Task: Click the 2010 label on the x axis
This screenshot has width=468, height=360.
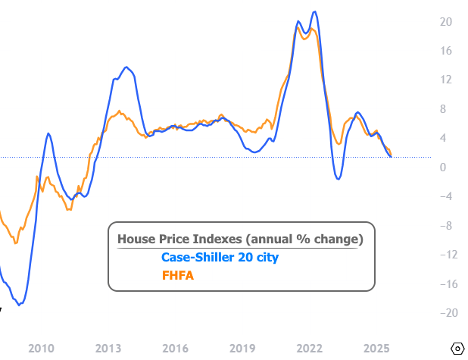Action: click(x=41, y=348)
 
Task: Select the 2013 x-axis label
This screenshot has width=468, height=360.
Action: click(x=108, y=348)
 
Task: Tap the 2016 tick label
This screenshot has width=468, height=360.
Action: click(x=175, y=348)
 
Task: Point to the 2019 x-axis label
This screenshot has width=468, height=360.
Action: click(x=242, y=348)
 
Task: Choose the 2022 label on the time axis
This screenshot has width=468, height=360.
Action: click(x=309, y=348)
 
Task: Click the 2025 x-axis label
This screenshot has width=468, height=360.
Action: click(x=376, y=348)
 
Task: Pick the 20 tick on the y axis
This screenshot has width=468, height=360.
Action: click(x=447, y=22)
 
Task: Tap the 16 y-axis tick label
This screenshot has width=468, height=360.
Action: click(x=447, y=51)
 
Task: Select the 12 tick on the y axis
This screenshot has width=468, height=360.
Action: click(x=447, y=80)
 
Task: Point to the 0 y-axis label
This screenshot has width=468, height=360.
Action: click(x=447, y=167)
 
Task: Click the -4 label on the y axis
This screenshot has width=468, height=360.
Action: click(x=447, y=196)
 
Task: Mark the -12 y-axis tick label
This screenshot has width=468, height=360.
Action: click(x=447, y=255)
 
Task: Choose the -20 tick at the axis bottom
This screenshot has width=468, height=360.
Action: click(x=447, y=313)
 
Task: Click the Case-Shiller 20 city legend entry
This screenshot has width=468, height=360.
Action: click(x=220, y=258)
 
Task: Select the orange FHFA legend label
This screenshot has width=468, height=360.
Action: click(x=177, y=276)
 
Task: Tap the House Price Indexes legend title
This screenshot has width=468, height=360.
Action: click(x=240, y=239)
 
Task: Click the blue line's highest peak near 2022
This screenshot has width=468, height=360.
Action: click(x=314, y=12)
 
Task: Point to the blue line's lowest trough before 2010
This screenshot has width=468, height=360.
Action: click(x=20, y=304)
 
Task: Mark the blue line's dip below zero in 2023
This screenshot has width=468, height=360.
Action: click(x=338, y=178)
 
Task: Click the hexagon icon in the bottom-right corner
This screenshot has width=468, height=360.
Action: click(x=457, y=348)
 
